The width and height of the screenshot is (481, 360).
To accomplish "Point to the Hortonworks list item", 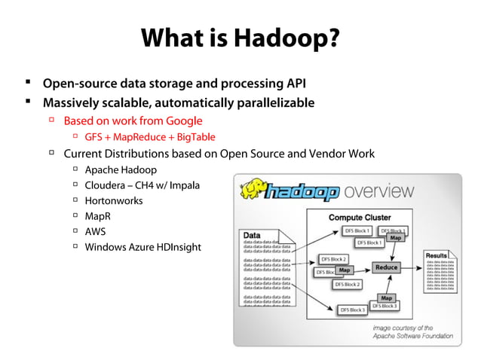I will [x=114, y=200].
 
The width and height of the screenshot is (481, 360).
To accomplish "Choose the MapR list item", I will [x=98, y=216].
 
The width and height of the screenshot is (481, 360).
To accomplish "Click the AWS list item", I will [x=96, y=231].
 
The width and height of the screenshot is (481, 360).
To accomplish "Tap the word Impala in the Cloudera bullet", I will [x=185, y=185].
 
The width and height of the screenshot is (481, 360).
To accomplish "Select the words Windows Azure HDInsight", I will [x=142, y=247].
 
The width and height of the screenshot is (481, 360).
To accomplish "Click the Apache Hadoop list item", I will [x=121, y=169].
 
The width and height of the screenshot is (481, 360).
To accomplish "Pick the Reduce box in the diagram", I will [x=385, y=267].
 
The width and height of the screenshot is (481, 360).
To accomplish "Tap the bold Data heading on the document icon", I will [x=253, y=234].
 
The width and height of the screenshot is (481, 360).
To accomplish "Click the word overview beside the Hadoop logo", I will [x=378, y=191].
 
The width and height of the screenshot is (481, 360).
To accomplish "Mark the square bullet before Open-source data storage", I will [x=27, y=82].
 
